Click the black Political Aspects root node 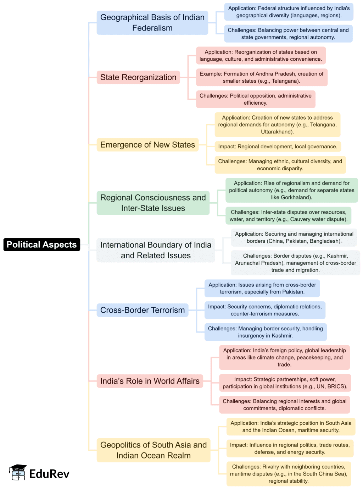point(42,244)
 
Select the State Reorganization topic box point(138,77)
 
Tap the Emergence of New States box point(147,145)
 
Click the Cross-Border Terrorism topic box point(143,310)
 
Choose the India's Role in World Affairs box point(150,381)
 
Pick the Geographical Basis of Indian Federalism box point(152,23)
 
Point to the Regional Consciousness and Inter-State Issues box point(153,203)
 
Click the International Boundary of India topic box point(156,250)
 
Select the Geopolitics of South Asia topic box point(153,450)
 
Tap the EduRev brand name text point(49,474)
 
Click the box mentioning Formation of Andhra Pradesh point(262,77)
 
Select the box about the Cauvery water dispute point(288,216)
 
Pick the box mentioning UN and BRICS point(285,383)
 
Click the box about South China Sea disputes point(289,474)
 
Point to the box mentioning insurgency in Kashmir point(266,332)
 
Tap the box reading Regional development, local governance point(278,147)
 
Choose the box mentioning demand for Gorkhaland point(291,190)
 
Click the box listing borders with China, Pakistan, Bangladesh point(294,237)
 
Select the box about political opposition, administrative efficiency point(256,99)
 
